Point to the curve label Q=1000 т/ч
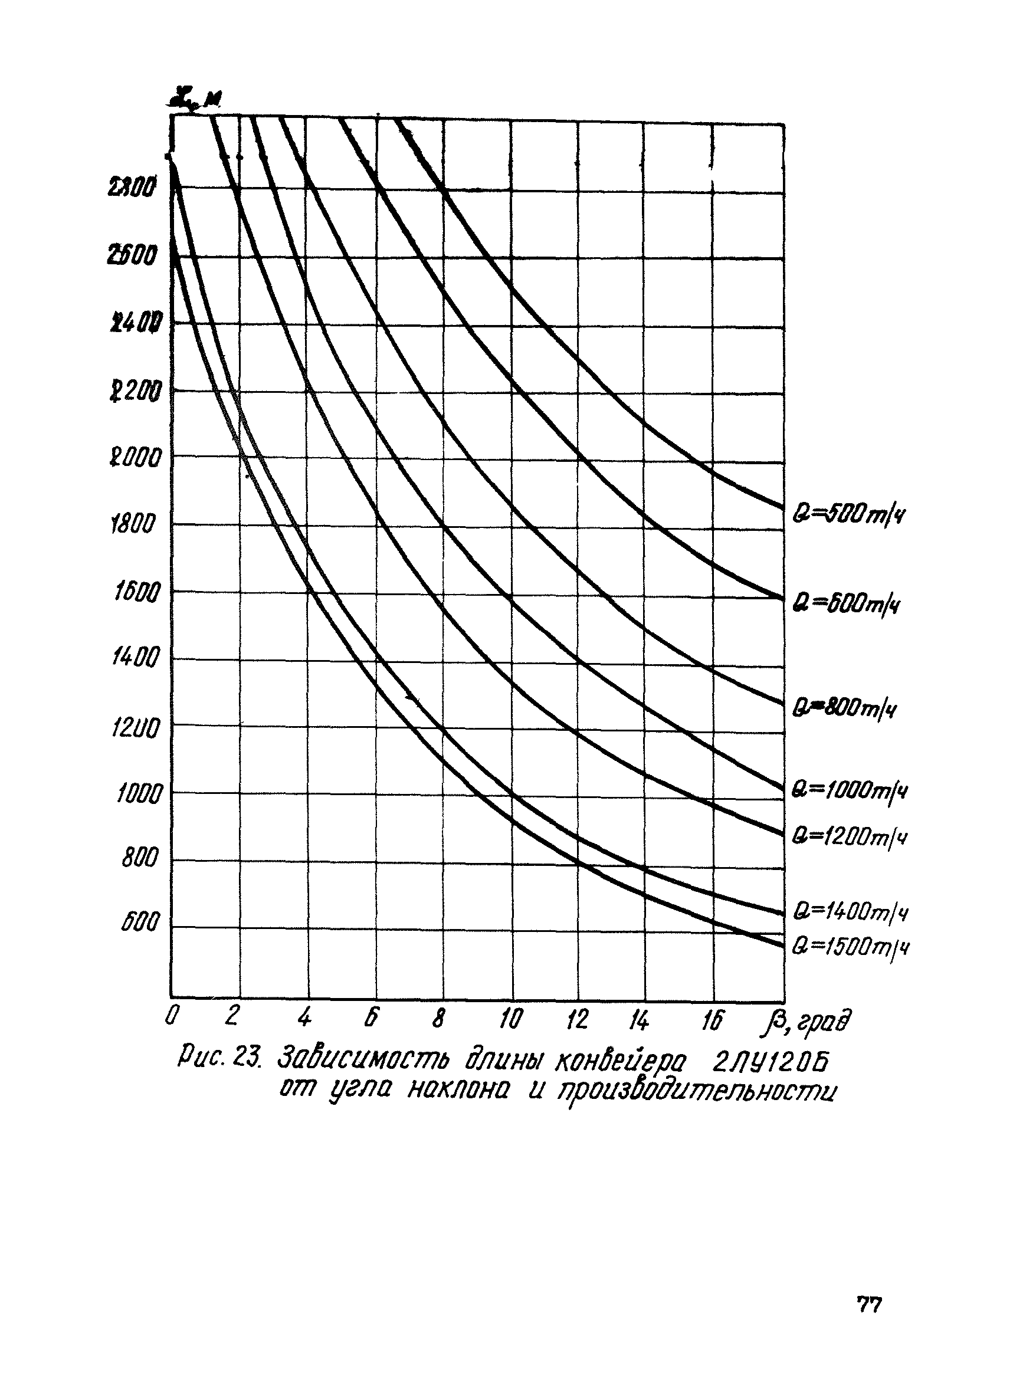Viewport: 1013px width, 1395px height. click(x=850, y=790)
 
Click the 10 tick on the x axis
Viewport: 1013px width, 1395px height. click(x=510, y=1020)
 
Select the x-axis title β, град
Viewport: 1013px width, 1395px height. click(x=805, y=1022)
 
